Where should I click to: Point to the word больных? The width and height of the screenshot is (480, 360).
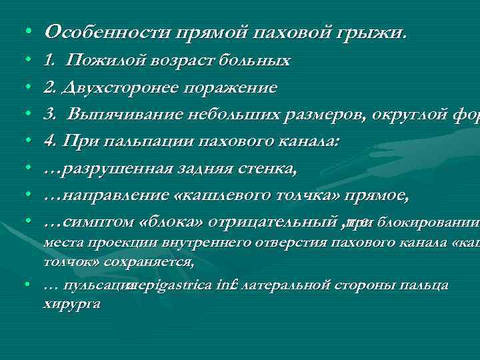pyautogui.click(x=257, y=61)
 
